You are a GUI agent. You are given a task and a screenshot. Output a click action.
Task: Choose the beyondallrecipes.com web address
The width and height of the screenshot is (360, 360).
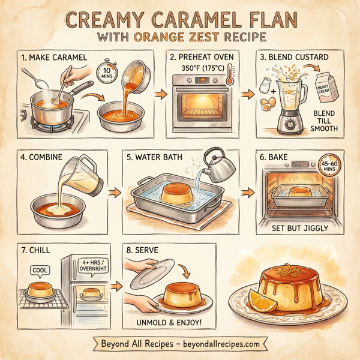coord(219,344)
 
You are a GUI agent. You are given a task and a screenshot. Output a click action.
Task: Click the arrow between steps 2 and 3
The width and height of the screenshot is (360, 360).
coord(247,94)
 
